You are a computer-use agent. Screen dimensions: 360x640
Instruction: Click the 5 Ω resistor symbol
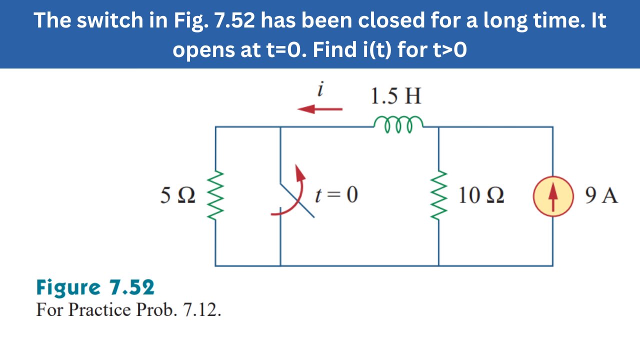pos(215,196)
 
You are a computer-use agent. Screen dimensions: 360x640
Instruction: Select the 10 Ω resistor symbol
pos(438,196)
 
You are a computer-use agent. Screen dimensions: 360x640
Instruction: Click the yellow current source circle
pos(552,196)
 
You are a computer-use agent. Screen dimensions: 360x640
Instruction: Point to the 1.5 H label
pos(395,96)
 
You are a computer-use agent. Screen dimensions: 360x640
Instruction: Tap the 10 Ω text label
pos(481,195)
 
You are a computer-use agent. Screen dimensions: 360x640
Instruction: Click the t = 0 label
pos(336,195)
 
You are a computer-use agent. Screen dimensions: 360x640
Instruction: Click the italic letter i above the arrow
pos(321,89)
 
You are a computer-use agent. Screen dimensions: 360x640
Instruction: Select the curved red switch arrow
pos(292,195)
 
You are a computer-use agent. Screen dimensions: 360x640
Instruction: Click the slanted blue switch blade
pos(297,201)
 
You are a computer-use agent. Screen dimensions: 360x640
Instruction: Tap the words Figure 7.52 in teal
pos(95,288)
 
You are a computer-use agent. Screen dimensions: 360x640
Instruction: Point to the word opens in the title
pos(207,50)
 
